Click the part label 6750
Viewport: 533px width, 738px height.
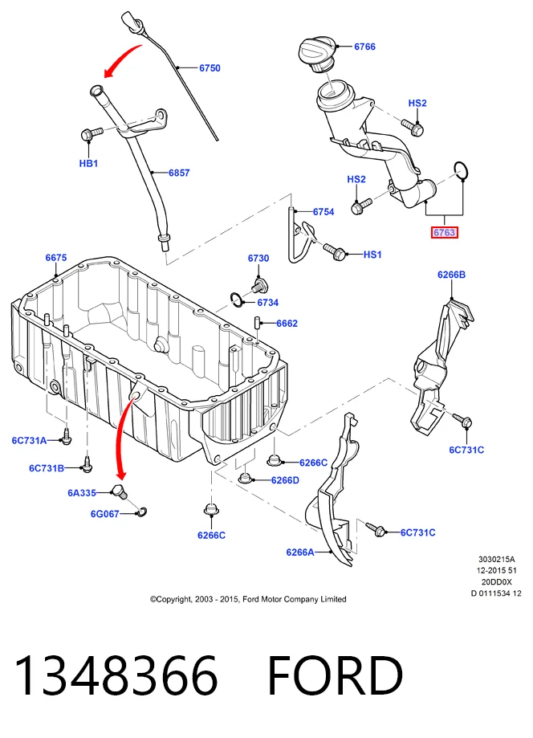tap(210, 68)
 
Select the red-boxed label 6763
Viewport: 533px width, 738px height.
tap(445, 232)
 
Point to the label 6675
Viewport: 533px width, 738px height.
tap(56, 258)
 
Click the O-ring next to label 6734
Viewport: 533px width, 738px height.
tap(237, 299)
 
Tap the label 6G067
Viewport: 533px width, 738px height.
tap(104, 514)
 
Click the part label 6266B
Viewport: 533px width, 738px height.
tap(451, 275)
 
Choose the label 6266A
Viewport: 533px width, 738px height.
tap(299, 552)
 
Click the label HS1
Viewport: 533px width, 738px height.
tap(372, 255)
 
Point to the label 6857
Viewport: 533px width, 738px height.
tap(179, 173)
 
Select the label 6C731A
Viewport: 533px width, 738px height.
tap(29, 441)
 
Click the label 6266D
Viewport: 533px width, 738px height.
tap(285, 480)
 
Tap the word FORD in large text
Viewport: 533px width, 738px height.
tap(335, 676)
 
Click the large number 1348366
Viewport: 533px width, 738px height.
tap(116, 676)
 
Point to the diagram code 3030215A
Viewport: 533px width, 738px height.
tap(497, 560)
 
